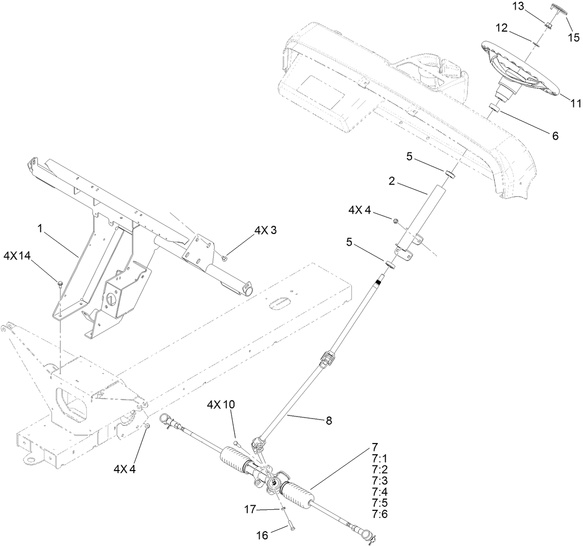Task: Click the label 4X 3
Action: click(265, 230)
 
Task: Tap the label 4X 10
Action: click(221, 405)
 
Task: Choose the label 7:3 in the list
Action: click(379, 481)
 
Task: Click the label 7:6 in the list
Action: click(379, 514)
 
